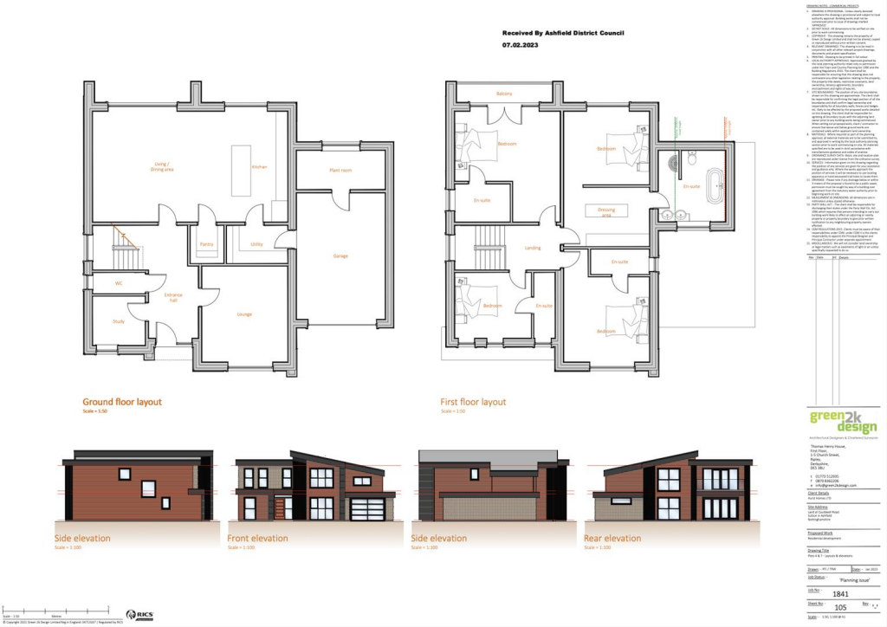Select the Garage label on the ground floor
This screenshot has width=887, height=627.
[340, 255]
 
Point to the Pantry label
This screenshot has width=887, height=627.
[206, 245]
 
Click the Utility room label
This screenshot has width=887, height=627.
[256, 245]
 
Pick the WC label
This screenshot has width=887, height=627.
[119, 283]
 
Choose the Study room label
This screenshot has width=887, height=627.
[118, 321]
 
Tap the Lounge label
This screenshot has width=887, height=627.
[245, 313]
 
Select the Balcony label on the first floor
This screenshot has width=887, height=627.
[504, 94]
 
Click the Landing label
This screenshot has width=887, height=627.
[533, 248]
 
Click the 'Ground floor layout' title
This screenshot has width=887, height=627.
[121, 402]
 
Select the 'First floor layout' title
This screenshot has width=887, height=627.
[473, 402]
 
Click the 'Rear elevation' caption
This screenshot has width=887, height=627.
[613, 539]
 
